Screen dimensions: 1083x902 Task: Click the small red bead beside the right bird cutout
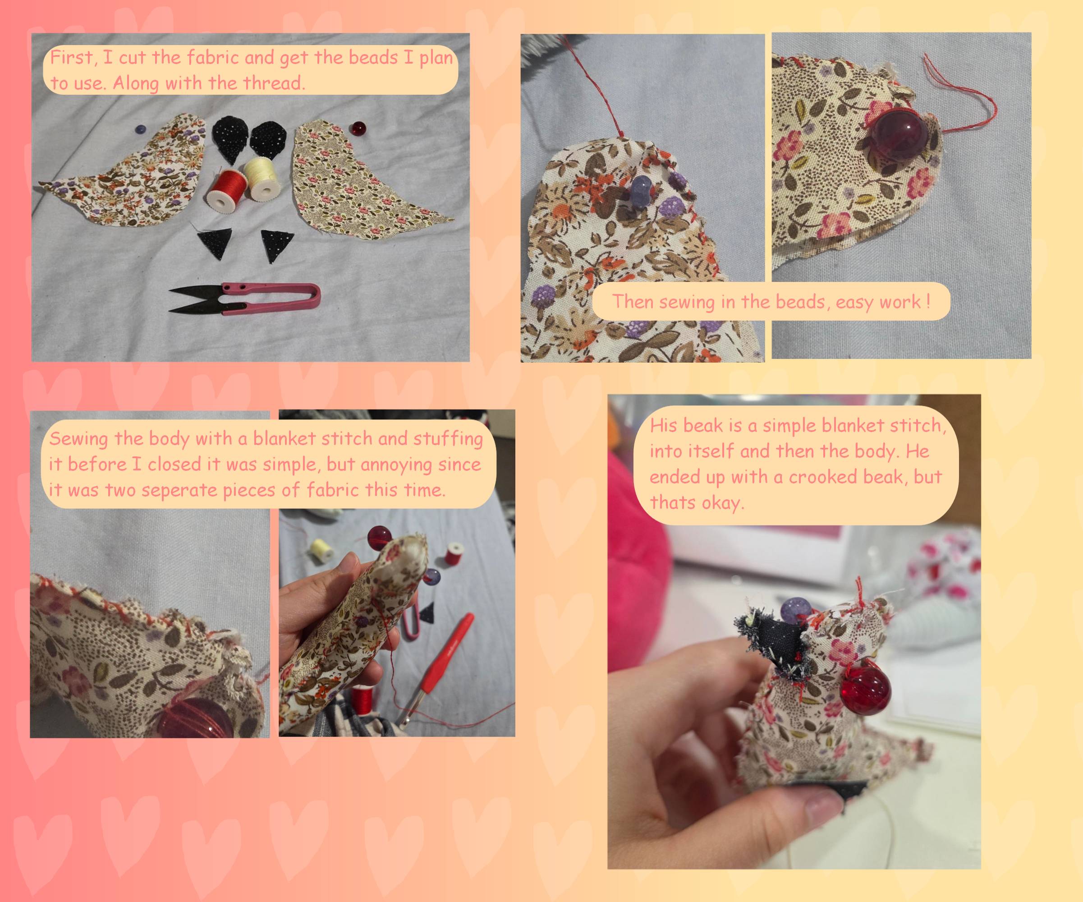(x=358, y=127)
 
